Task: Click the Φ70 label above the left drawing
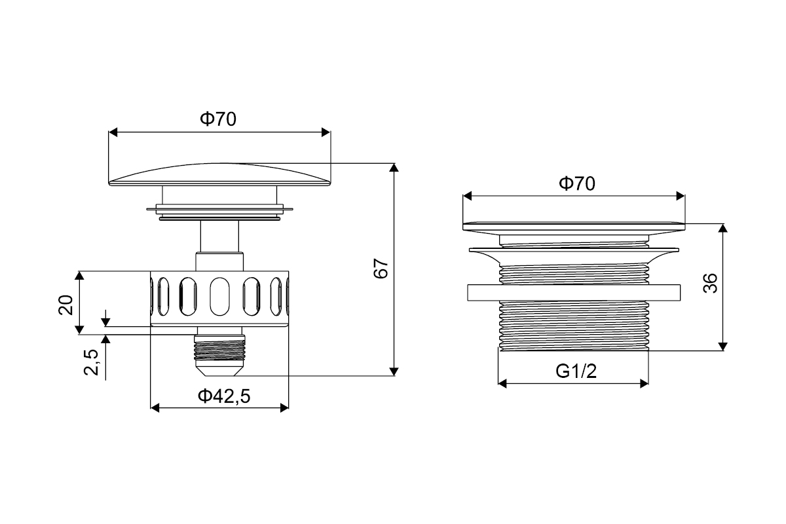tap(218, 119)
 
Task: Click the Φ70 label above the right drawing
tap(577, 183)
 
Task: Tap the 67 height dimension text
tap(381, 269)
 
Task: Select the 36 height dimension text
tap(710, 283)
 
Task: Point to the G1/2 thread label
tap(576, 371)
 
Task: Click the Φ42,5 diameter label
tap(224, 396)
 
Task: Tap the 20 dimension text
tap(65, 305)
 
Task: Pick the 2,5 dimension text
tap(91, 362)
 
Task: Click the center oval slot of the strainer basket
tap(219, 297)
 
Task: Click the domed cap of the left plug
tap(219, 174)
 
